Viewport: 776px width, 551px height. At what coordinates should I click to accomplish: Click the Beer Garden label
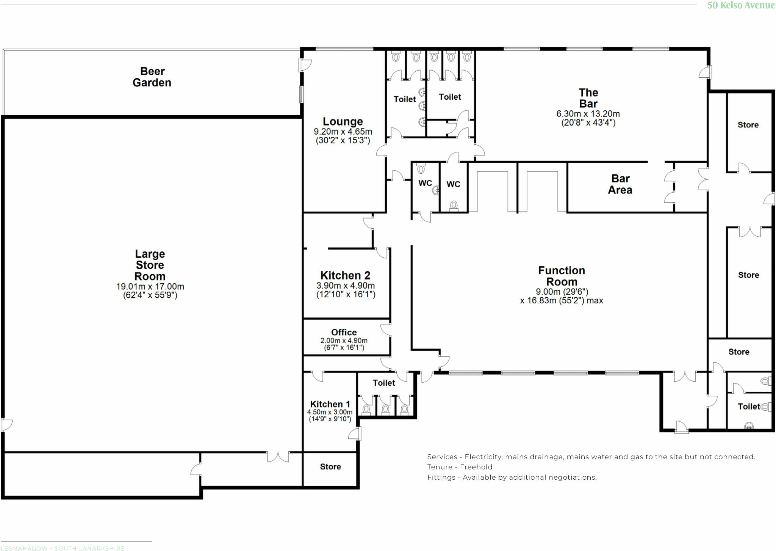[x=152, y=77]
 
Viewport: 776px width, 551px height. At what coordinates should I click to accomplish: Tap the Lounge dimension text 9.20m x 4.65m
[x=343, y=132]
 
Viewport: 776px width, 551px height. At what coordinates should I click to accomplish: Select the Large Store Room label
[x=150, y=265]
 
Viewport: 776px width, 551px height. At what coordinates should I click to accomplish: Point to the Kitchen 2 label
[x=345, y=275]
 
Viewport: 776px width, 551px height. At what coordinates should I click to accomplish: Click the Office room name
[x=344, y=332]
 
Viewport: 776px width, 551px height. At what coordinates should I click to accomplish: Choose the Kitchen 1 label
[x=330, y=404]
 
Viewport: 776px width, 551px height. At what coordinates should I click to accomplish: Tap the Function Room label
[x=562, y=276]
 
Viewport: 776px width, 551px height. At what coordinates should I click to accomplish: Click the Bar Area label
[x=620, y=184]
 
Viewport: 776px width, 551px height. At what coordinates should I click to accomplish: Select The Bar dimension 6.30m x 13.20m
[x=588, y=114]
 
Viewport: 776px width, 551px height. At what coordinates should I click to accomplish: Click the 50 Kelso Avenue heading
[x=741, y=5]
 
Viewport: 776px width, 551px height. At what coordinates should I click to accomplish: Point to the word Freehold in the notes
[x=476, y=467]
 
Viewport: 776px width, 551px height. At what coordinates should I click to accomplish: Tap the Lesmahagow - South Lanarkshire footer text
[x=63, y=548]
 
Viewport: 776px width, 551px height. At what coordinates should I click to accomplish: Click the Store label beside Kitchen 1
[x=330, y=467]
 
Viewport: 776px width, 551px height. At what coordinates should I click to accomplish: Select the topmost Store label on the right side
[x=748, y=125]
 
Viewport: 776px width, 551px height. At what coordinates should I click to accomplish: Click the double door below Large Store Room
[x=278, y=457]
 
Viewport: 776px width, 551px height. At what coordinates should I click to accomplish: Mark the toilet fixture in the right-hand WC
[x=454, y=206]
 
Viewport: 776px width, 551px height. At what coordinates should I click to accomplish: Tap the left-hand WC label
[x=425, y=183]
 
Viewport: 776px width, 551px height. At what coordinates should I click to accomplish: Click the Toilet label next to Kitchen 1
[x=384, y=383]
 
